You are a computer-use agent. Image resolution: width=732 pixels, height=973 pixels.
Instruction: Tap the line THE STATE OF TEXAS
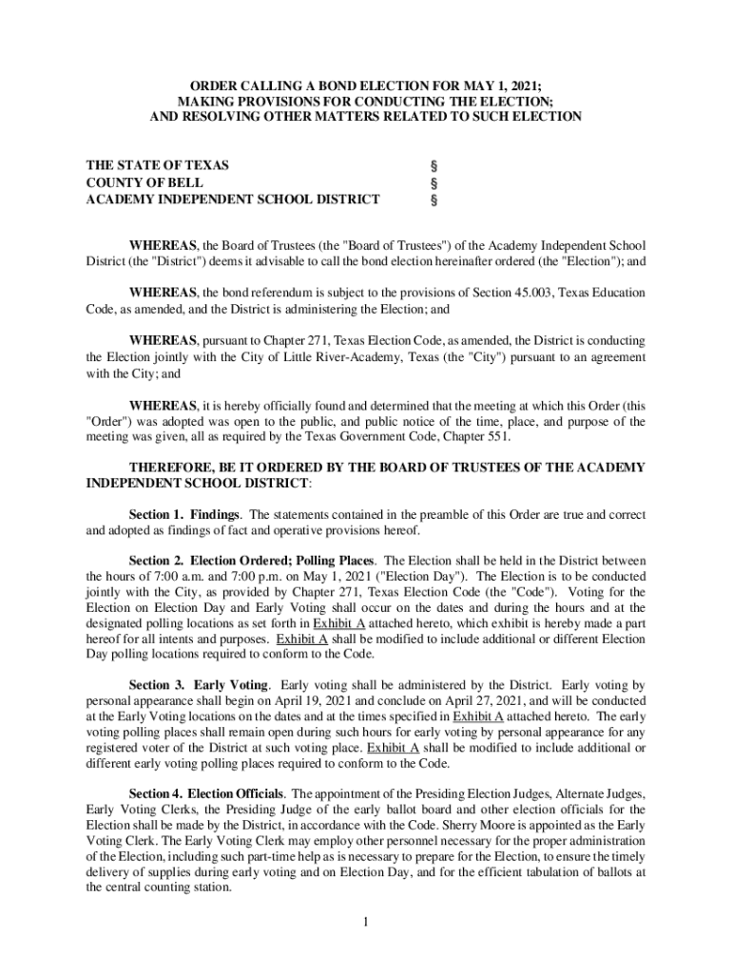coord(157,165)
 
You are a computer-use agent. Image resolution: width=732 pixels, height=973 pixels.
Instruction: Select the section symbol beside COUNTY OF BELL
coord(434,182)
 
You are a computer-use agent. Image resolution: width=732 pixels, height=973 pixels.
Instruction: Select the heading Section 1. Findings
coord(184,514)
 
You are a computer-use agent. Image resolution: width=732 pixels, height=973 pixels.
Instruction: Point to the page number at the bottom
coord(366,922)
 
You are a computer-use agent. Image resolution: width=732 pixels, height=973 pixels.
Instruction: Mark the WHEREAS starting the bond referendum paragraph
coord(164,293)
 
